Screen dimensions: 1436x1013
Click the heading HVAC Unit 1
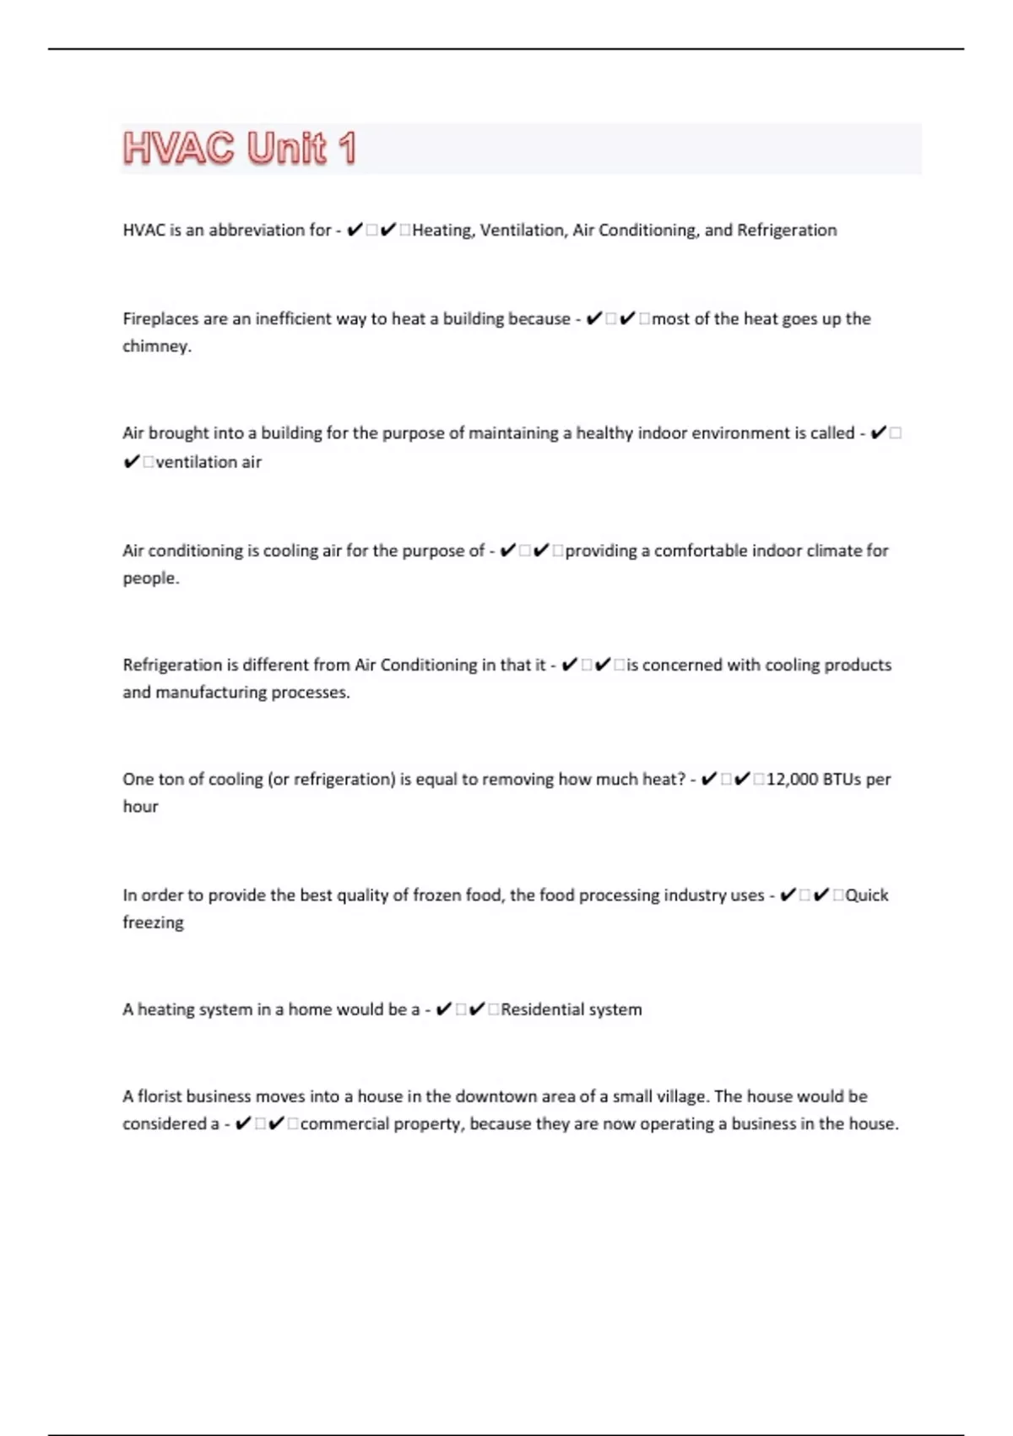coord(240,149)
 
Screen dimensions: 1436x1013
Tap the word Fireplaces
coord(160,318)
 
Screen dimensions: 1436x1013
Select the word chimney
coord(156,346)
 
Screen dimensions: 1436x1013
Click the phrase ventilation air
coord(209,462)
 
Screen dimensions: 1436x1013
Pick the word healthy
coord(604,433)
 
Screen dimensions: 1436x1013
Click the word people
coord(150,579)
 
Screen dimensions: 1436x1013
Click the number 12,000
coord(792,779)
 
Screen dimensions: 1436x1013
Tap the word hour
coord(140,807)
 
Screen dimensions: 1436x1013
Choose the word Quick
coord(867,895)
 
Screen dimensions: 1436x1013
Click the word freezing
coord(153,922)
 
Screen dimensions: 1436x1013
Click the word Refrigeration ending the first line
coord(787,230)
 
